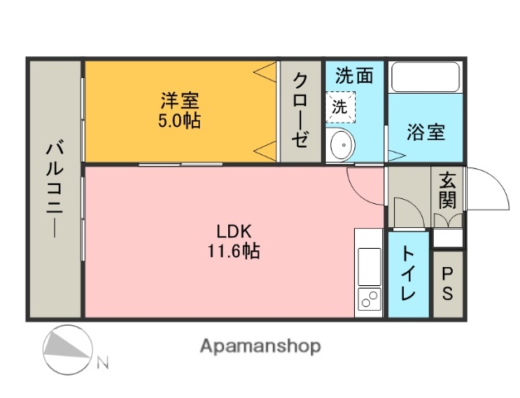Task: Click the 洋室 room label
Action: point(179,101)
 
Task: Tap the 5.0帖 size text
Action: point(179,120)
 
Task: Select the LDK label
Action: point(233,231)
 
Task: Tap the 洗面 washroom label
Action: point(354,75)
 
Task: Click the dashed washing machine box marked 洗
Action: point(340,106)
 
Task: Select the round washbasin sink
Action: point(340,146)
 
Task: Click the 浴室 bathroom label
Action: point(426,132)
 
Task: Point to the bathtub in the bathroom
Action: point(425,77)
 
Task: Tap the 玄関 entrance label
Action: point(448,189)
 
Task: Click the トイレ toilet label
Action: point(409,274)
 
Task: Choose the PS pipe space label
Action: point(448,283)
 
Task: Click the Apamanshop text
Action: point(260,346)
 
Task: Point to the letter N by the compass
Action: point(102,362)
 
